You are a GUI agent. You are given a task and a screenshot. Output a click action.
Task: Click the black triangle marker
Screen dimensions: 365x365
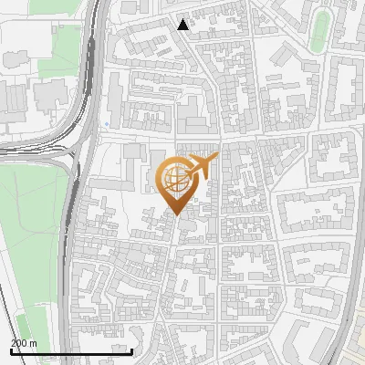tap(183, 25)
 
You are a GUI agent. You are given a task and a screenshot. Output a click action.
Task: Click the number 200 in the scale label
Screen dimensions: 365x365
tap(19, 343)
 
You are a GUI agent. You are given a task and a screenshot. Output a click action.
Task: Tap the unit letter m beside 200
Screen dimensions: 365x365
tap(33, 343)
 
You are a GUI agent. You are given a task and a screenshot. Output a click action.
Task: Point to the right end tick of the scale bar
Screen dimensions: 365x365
tap(132, 350)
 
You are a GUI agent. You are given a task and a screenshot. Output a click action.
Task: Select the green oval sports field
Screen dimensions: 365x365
tap(319, 33)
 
